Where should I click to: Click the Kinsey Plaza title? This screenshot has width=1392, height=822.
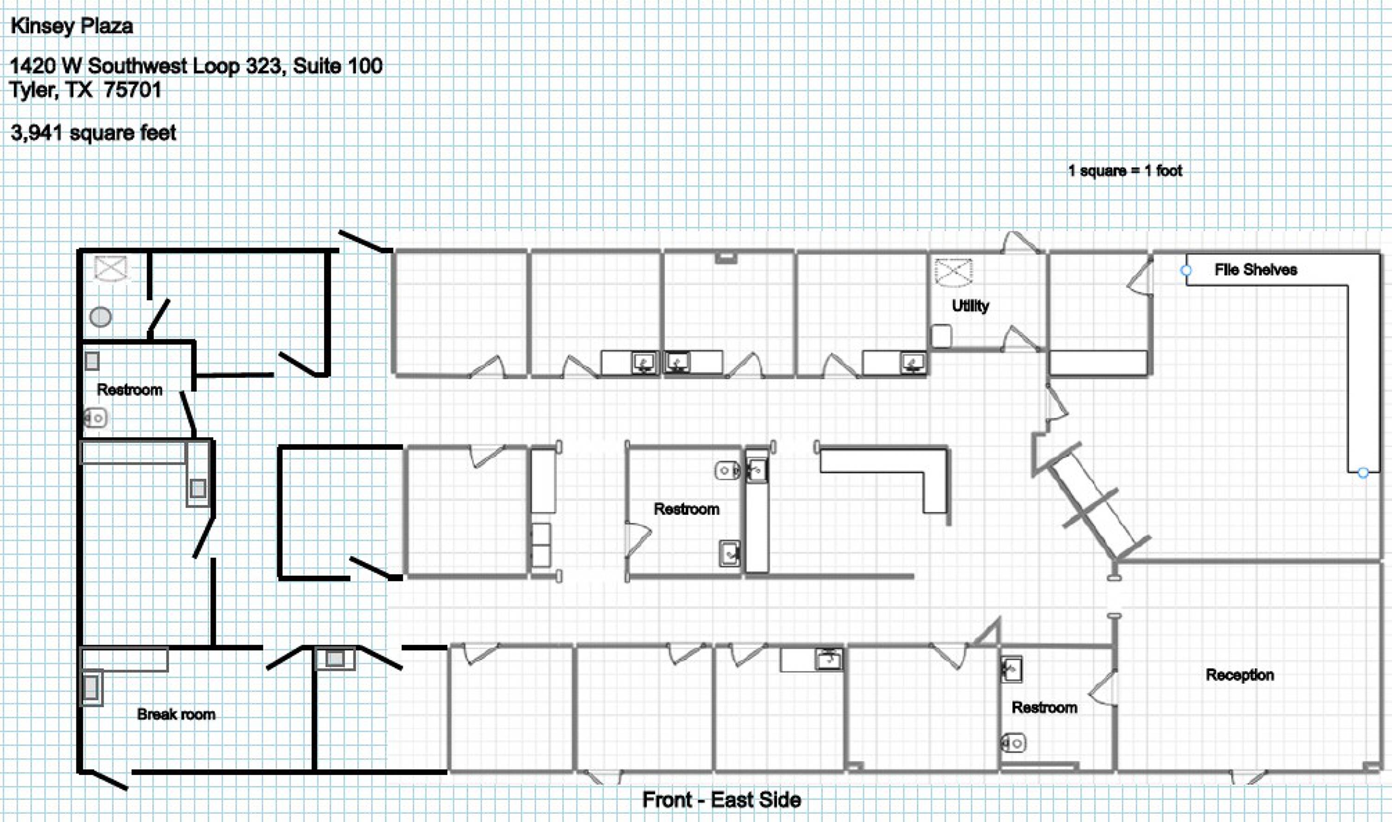(x=71, y=26)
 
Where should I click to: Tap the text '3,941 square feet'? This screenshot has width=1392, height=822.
(x=93, y=133)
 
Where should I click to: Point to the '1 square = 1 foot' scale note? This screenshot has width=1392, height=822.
(x=1125, y=171)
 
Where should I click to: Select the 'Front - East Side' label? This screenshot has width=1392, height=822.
(x=721, y=800)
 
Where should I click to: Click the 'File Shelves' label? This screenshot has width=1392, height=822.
(x=1256, y=270)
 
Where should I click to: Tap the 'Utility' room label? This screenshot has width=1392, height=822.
(x=970, y=306)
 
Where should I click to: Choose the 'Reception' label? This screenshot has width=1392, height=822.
(x=1239, y=675)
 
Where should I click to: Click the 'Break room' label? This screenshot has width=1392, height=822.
(x=176, y=714)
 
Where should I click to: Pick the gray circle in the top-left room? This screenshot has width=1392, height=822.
(x=100, y=317)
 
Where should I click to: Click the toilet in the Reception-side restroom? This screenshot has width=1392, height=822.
(x=1013, y=743)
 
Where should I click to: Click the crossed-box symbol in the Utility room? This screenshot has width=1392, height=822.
(x=953, y=273)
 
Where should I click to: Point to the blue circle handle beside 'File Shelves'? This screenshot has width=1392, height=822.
(x=1186, y=270)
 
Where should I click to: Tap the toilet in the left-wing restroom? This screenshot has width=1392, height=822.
(x=95, y=418)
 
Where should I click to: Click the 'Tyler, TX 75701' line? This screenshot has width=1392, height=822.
(x=85, y=90)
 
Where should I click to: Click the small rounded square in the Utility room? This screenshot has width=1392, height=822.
(x=941, y=336)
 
